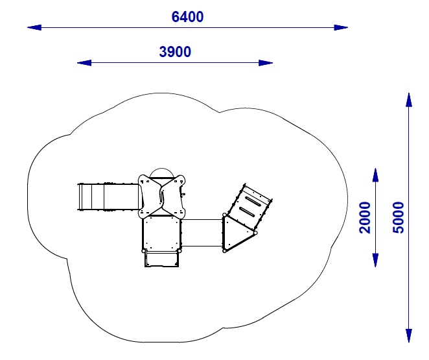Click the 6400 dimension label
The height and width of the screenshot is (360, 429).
187,17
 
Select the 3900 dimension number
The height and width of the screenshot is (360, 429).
175,52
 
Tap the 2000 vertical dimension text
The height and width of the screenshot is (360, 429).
365,218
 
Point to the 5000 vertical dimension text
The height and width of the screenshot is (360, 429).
398,218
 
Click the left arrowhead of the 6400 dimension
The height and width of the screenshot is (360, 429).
34,27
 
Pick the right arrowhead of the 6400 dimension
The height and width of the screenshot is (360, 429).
341,27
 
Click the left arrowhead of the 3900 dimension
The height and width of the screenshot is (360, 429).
84,63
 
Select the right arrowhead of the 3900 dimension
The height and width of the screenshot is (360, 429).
266,63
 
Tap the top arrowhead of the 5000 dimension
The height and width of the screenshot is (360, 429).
409,100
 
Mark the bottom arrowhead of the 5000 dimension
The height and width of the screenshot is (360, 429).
409,335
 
